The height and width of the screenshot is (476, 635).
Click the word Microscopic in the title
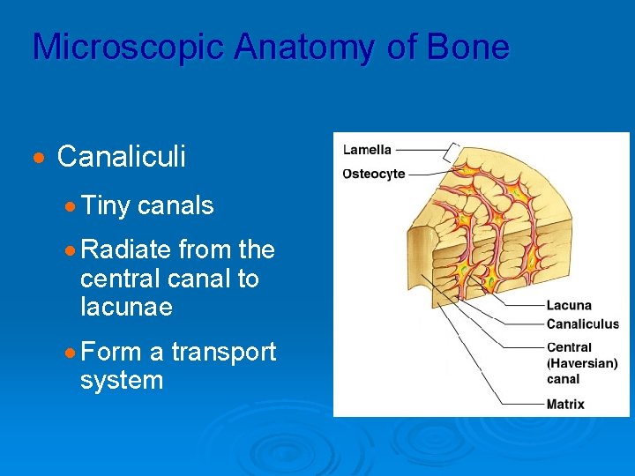point(127,48)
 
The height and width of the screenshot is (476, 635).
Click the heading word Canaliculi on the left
point(121,157)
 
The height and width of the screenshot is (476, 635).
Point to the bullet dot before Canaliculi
point(38,159)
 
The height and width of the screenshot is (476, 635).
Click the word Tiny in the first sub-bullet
point(105,206)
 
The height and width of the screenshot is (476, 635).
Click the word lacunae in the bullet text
point(126,308)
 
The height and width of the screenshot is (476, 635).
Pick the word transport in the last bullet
point(223,353)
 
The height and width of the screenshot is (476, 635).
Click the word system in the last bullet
point(121,381)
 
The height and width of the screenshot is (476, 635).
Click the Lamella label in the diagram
point(367,150)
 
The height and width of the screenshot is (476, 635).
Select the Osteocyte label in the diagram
point(374,174)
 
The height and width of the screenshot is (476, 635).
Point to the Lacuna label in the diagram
point(569,306)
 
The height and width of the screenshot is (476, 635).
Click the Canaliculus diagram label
point(582,324)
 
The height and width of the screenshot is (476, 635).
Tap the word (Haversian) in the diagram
point(582,363)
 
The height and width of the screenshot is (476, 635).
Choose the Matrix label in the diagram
point(565,405)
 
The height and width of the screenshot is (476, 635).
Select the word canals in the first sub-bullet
point(176,206)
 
